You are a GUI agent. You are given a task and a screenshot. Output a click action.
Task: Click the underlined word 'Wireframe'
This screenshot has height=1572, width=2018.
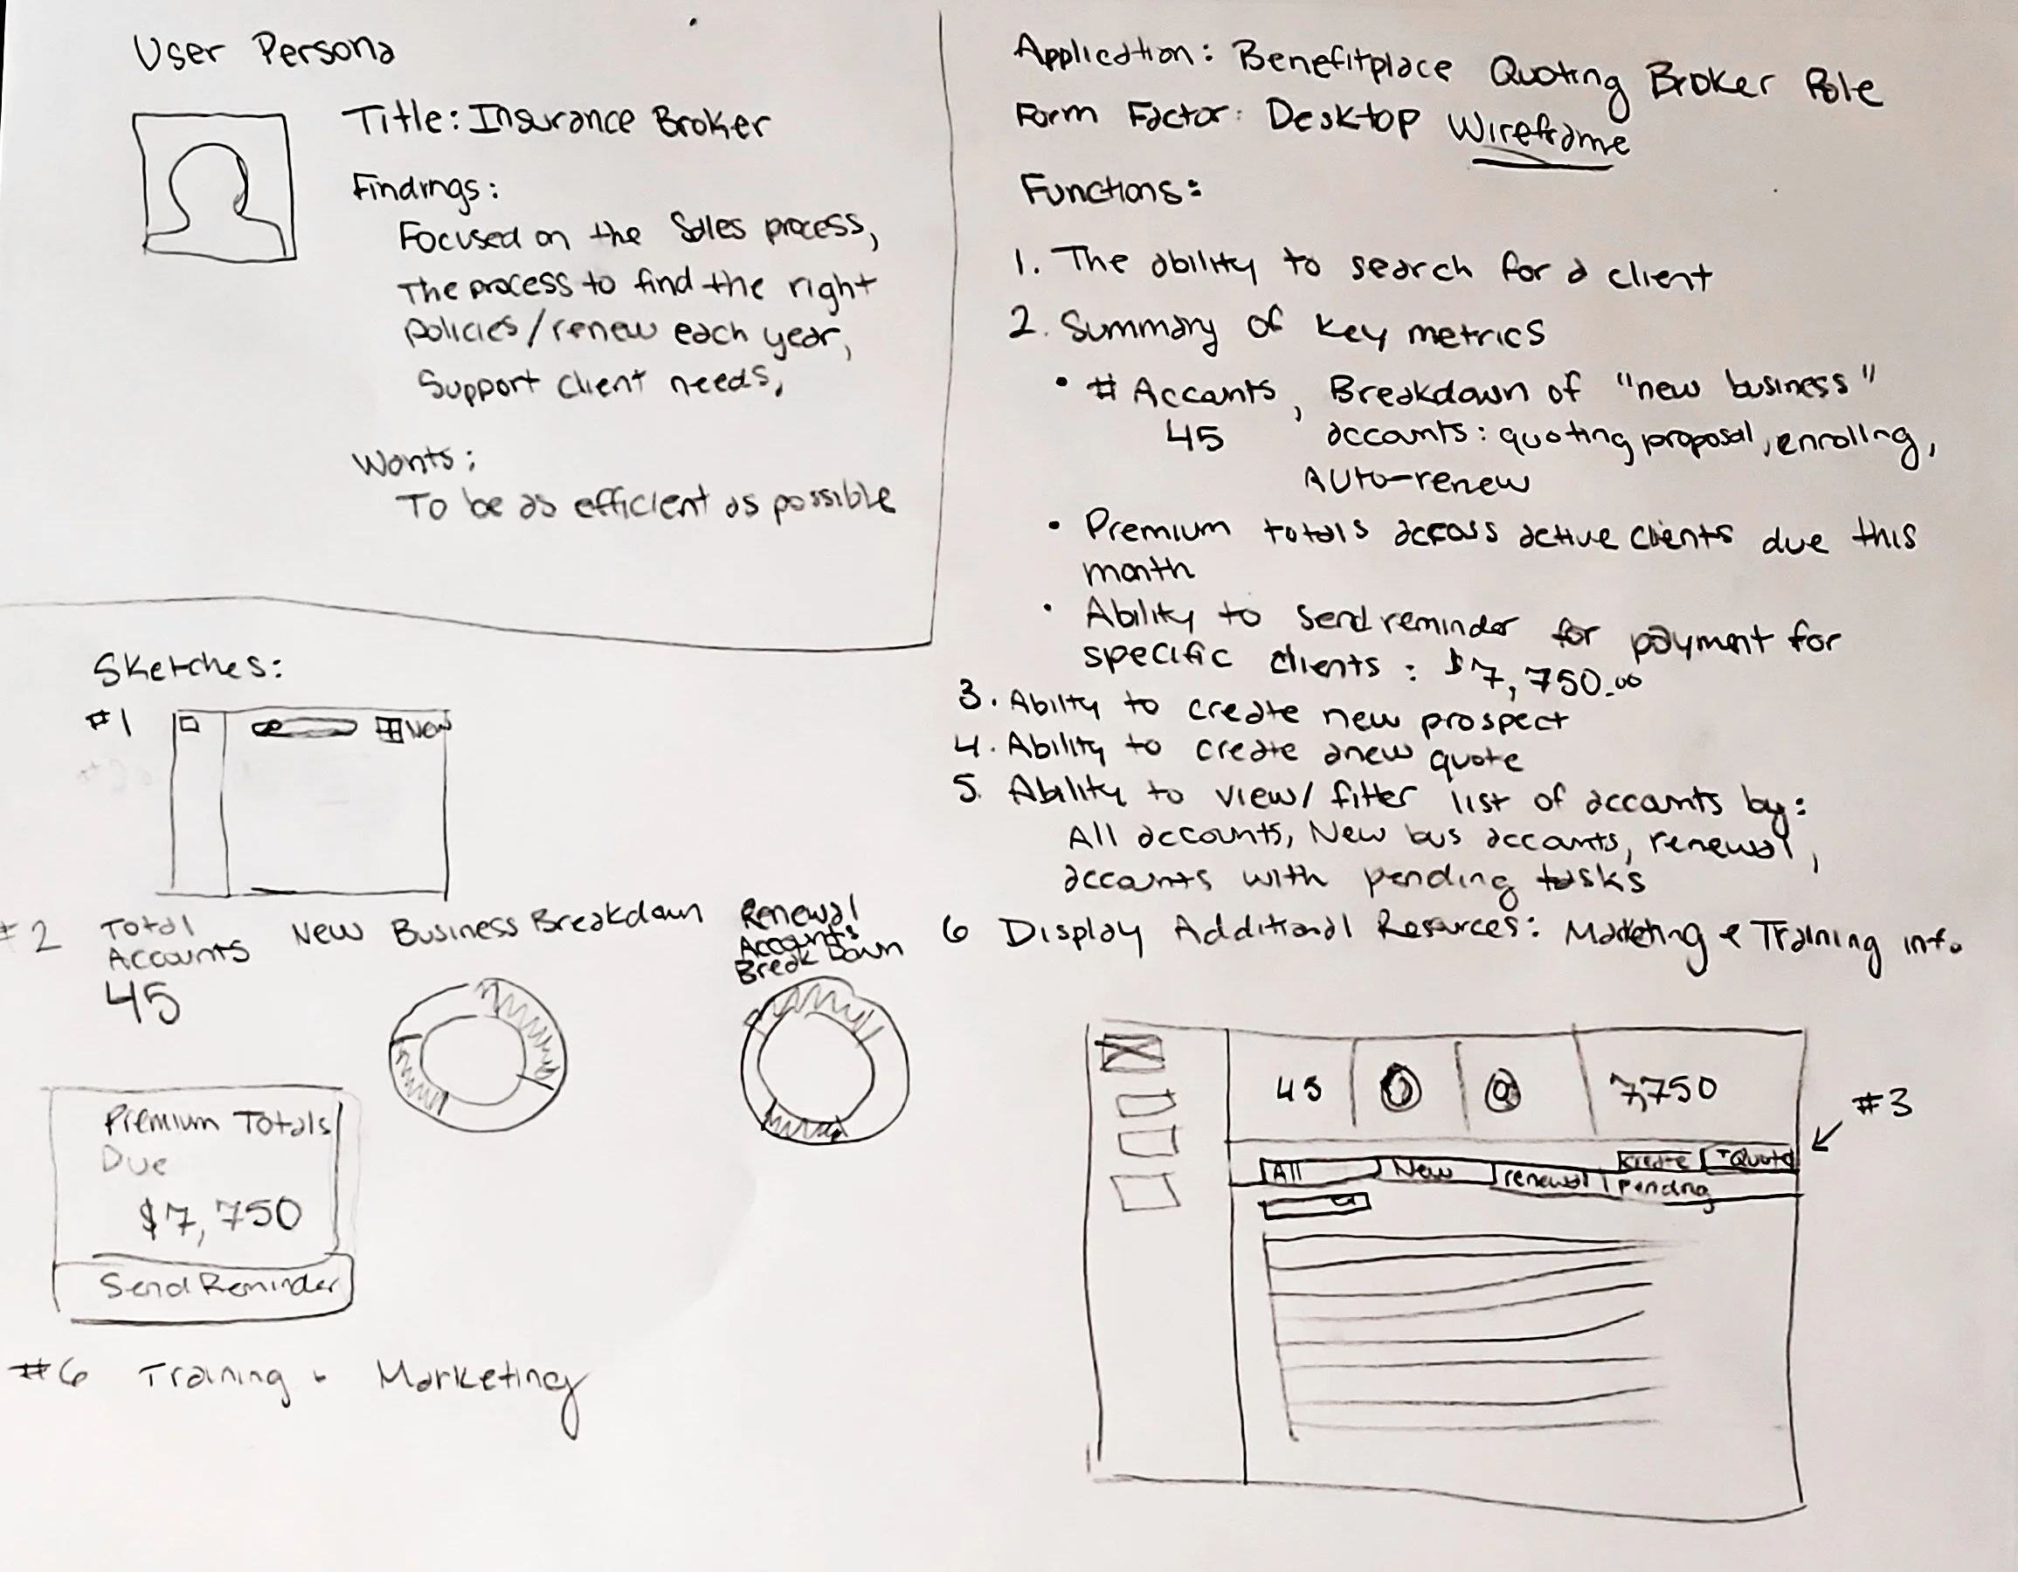click(x=1538, y=137)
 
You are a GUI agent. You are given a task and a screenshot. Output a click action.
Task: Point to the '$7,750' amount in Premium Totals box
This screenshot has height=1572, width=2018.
click(x=220, y=1217)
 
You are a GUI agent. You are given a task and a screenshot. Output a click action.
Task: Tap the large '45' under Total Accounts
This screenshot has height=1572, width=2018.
click(x=142, y=1002)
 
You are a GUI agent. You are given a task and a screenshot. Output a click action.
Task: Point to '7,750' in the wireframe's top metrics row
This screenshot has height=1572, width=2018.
click(x=1663, y=1090)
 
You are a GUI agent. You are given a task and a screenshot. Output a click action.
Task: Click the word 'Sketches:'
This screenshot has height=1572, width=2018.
click(x=187, y=667)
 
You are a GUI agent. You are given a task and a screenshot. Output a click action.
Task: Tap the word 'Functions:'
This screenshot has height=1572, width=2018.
click(x=1109, y=191)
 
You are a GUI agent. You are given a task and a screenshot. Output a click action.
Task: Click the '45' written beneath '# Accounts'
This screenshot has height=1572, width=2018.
click(x=1194, y=436)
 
